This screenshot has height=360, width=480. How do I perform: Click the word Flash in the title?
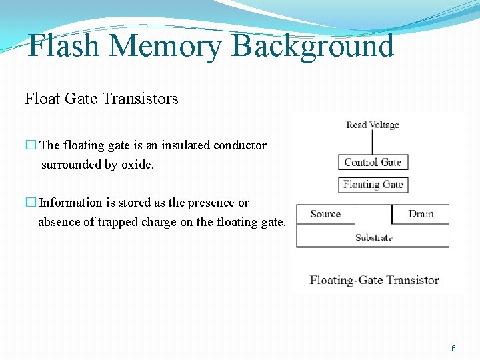(x=64, y=47)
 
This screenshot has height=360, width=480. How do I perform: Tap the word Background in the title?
(x=312, y=47)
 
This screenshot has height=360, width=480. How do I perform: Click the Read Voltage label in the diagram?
(x=373, y=125)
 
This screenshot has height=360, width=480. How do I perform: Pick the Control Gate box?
(x=373, y=162)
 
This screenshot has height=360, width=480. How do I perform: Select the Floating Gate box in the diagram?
(x=373, y=185)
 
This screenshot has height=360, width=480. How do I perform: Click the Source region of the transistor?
(x=325, y=214)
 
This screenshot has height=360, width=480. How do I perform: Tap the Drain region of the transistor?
(x=421, y=214)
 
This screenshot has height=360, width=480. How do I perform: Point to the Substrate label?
(x=373, y=237)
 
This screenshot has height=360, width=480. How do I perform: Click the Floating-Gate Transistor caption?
(x=374, y=280)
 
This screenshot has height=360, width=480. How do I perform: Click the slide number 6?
(x=453, y=349)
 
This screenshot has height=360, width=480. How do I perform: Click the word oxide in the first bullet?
(x=137, y=164)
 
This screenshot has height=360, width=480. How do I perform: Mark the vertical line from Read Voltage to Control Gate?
(x=373, y=143)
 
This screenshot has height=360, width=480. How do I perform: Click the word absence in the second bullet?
(x=59, y=222)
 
